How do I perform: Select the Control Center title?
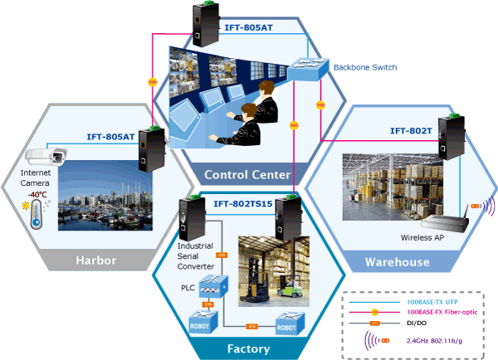pos(247,174)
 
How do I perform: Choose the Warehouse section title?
pos(398,262)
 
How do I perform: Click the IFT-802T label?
pos(410,130)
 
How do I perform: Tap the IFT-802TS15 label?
pos(243,203)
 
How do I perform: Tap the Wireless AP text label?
pos(423,237)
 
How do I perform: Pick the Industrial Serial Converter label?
pos(196,255)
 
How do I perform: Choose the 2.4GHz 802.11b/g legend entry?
pos(432,341)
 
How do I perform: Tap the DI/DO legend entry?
pos(415,323)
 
